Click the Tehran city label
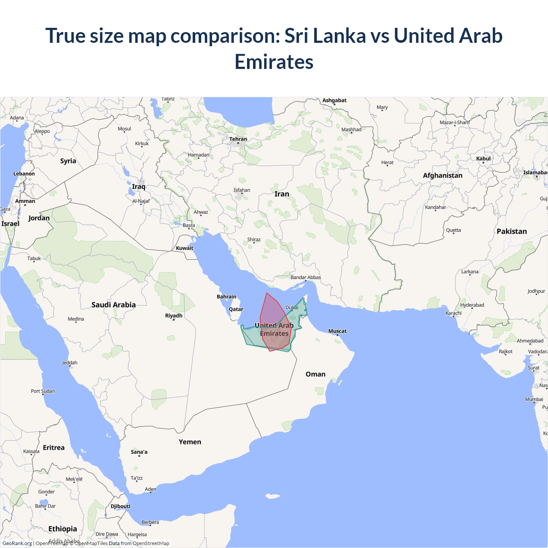(238, 139)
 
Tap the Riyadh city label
(174, 316)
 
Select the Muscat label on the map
(337, 331)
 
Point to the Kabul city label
(483, 158)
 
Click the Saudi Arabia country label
(113, 305)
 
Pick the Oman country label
(316, 374)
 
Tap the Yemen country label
(190, 442)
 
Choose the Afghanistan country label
(443, 176)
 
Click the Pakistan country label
(512, 231)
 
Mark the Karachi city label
(453, 313)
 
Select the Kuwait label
(185, 248)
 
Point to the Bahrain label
(226, 297)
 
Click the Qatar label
(236, 309)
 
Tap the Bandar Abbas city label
(306, 277)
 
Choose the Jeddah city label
(70, 363)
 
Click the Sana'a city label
(139, 452)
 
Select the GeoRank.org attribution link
(17, 543)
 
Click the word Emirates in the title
(274, 62)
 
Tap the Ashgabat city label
(334, 100)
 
